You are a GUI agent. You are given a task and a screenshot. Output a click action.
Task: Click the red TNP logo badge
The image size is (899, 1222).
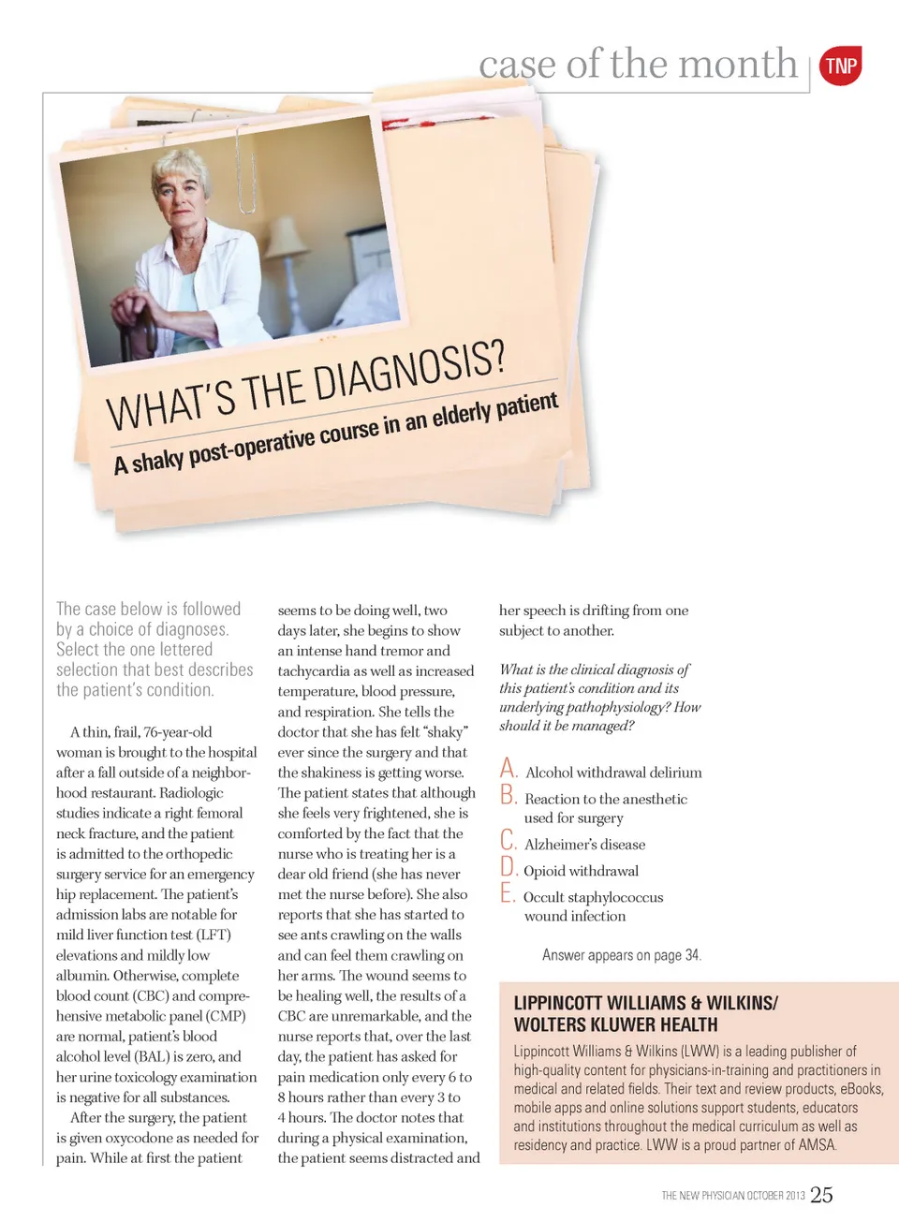tap(840, 66)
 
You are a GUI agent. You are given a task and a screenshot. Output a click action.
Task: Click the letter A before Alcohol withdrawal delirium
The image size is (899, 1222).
tap(508, 769)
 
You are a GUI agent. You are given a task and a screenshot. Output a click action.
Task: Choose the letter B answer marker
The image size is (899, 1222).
tap(508, 796)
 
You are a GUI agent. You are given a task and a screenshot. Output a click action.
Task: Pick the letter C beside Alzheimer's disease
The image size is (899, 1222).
tap(508, 840)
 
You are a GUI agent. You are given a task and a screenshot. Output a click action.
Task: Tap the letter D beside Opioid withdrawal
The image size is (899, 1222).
tap(508, 867)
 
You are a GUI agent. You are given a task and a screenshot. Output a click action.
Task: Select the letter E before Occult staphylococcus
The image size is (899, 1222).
tap(508, 893)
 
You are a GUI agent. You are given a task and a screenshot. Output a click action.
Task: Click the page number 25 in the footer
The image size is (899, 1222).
tap(821, 1195)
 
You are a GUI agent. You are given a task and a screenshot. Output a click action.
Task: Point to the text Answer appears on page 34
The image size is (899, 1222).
tap(621, 955)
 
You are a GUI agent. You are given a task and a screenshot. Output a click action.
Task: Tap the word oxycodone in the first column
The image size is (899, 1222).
tap(179, 1138)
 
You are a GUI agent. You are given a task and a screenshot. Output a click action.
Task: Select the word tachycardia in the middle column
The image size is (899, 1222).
tap(317, 671)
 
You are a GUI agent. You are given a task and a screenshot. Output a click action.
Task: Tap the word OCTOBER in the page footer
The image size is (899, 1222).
tap(765, 1196)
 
